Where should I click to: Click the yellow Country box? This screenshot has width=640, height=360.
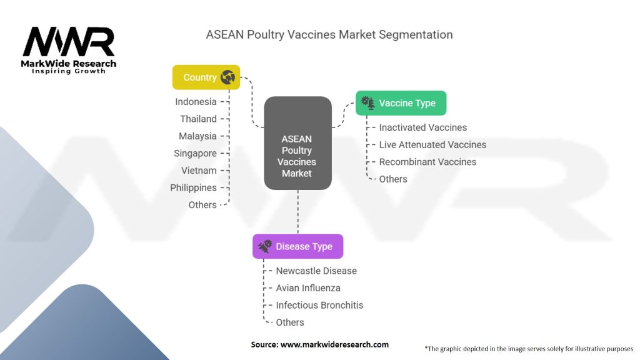206,77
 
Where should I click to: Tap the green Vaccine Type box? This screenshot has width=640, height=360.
401,103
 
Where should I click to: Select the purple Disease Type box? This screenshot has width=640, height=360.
297,246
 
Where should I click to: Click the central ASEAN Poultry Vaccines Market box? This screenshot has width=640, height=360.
297,143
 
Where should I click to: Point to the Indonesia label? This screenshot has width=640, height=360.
196,102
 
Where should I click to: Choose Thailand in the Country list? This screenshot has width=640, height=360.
198,119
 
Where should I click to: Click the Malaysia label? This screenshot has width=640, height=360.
197,136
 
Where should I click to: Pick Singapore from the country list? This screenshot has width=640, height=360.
195,153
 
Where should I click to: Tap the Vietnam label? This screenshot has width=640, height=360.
199,171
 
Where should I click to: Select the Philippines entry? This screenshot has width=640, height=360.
193,187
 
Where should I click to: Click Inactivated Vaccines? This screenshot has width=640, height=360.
422,127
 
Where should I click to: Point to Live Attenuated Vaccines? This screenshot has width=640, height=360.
432,144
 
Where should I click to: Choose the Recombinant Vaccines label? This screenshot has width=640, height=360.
427,162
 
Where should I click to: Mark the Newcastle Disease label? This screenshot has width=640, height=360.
316,271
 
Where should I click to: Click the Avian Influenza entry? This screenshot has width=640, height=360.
308,288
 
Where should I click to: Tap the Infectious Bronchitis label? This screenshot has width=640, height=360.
319,306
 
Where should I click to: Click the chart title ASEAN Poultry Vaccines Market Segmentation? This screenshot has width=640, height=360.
329,34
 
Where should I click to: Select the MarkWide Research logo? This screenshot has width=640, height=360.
69,50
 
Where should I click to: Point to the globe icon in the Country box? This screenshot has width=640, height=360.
227,77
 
